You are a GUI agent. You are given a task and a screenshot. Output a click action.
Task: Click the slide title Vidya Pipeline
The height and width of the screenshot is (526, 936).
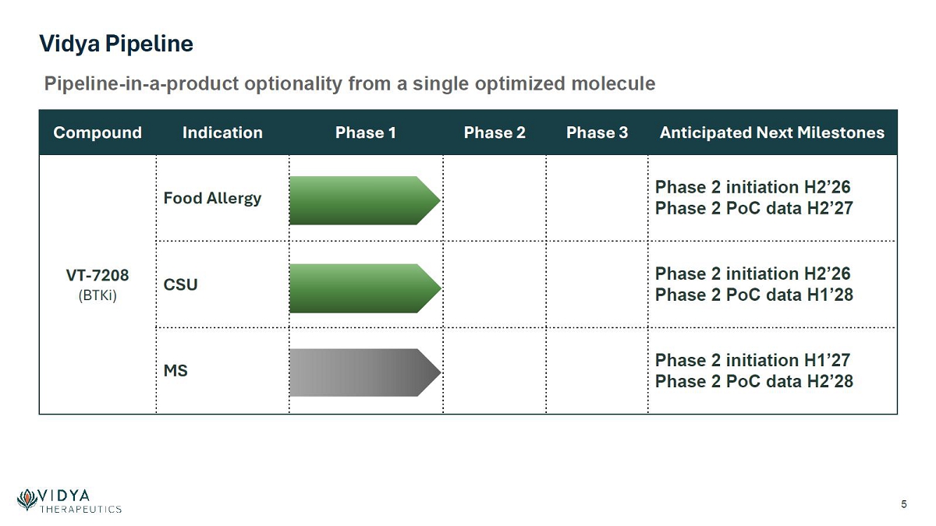point(116,44)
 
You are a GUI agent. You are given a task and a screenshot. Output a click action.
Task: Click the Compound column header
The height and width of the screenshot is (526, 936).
point(97,132)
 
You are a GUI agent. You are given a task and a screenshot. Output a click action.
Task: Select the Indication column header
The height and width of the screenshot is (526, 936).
point(222,132)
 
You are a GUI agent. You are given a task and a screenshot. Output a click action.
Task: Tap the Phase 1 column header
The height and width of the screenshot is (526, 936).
point(365,132)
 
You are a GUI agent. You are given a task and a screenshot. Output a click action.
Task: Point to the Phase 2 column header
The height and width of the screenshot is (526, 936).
point(495,132)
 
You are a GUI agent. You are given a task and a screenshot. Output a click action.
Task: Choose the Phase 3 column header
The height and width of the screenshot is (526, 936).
point(597,132)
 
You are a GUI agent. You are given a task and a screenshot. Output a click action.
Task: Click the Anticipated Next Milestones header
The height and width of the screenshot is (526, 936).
point(771,132)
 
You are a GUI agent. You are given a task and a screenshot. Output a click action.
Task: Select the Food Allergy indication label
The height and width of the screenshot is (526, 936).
point(212,199)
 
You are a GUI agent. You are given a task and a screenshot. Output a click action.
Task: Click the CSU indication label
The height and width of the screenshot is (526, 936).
point(180,284)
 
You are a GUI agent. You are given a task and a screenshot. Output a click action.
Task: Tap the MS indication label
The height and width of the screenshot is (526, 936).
point(175,371)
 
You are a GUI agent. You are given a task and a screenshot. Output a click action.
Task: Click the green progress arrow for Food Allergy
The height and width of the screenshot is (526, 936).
point(365,200)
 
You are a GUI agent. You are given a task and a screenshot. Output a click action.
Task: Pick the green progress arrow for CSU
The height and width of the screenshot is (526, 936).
point(365,288)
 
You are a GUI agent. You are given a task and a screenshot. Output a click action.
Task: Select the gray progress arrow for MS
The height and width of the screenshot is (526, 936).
point(365,372)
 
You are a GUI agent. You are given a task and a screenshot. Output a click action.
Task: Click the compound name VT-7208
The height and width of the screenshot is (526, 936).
point(97,276)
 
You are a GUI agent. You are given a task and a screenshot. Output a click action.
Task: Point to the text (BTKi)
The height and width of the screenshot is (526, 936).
point(97,295)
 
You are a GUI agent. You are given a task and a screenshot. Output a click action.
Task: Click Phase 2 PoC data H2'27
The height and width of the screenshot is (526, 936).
point(753,208)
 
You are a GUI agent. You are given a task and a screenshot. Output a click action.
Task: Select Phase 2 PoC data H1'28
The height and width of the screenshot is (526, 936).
point(753,295)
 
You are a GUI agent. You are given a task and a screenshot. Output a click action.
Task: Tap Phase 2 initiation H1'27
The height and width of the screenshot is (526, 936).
point(753,360)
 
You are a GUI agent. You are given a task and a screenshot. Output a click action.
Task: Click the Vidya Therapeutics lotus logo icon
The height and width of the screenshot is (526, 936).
point(27,500)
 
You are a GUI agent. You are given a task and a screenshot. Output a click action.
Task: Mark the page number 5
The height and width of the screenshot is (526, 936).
point(904,504)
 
